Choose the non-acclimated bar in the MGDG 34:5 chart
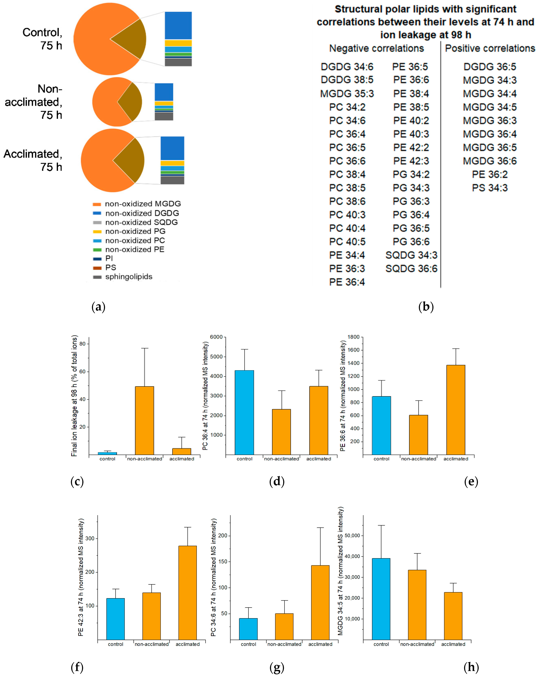(417, 604)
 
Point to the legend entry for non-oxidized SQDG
(141, 222)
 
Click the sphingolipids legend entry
(129, 277)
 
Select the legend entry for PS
(110, 267)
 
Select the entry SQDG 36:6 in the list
(411, 269)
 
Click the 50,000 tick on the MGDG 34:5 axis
(352, 536)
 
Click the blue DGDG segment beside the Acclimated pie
(172, 148)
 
